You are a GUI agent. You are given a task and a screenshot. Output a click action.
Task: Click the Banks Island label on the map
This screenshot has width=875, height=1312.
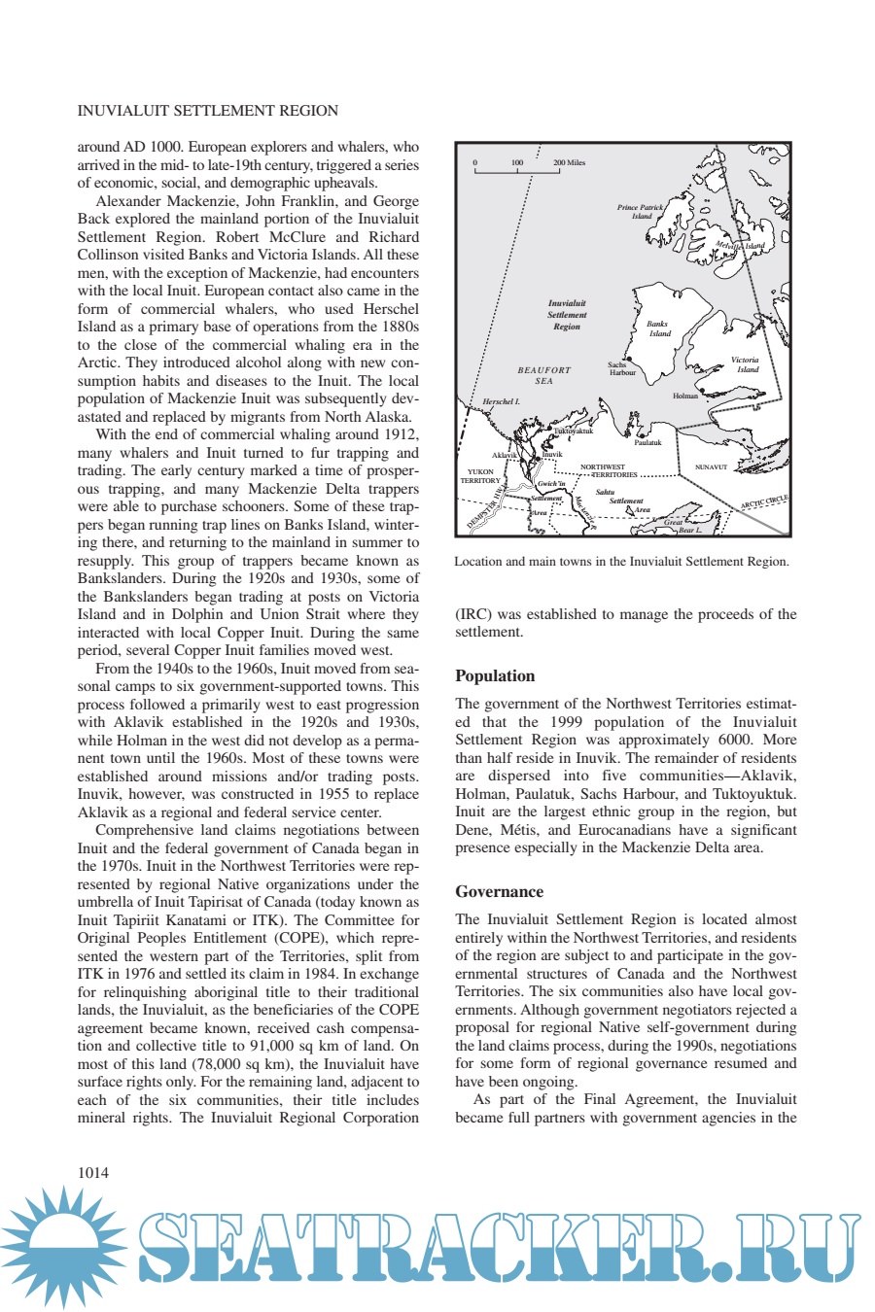tap(658, 328)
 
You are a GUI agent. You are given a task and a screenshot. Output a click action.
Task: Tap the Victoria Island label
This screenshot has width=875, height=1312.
tap(746, 364)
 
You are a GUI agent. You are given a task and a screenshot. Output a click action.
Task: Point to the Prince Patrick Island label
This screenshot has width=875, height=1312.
tap(641, 211)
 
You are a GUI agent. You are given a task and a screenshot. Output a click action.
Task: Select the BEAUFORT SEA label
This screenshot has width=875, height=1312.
tap(544, 375)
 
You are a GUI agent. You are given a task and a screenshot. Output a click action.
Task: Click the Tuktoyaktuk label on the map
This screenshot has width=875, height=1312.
tap(574, 432)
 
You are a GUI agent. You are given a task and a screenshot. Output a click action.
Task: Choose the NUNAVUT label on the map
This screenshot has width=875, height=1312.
tap(711, 467)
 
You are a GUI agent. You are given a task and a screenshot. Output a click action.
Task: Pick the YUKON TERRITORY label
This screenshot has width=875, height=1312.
tap(480, 476)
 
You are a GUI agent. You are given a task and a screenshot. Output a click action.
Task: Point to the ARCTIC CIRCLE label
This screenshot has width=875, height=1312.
tap(764, 502)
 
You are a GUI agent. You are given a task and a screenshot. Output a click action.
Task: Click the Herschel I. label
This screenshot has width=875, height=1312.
tap(502, 401)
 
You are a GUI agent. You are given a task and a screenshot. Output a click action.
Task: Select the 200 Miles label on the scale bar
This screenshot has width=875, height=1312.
tap(570, 163)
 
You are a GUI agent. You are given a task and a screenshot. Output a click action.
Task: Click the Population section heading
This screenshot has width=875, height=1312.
tap(495, 676)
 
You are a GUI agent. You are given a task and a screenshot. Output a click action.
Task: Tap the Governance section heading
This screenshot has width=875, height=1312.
tap(499, 892)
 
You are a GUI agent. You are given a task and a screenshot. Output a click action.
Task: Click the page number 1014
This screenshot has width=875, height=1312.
tap(93, 1172)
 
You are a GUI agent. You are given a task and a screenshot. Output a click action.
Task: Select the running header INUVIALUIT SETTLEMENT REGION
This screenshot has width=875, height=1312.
tap(208, 111)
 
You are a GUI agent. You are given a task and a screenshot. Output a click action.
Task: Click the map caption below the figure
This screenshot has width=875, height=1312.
tap(621, 562)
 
